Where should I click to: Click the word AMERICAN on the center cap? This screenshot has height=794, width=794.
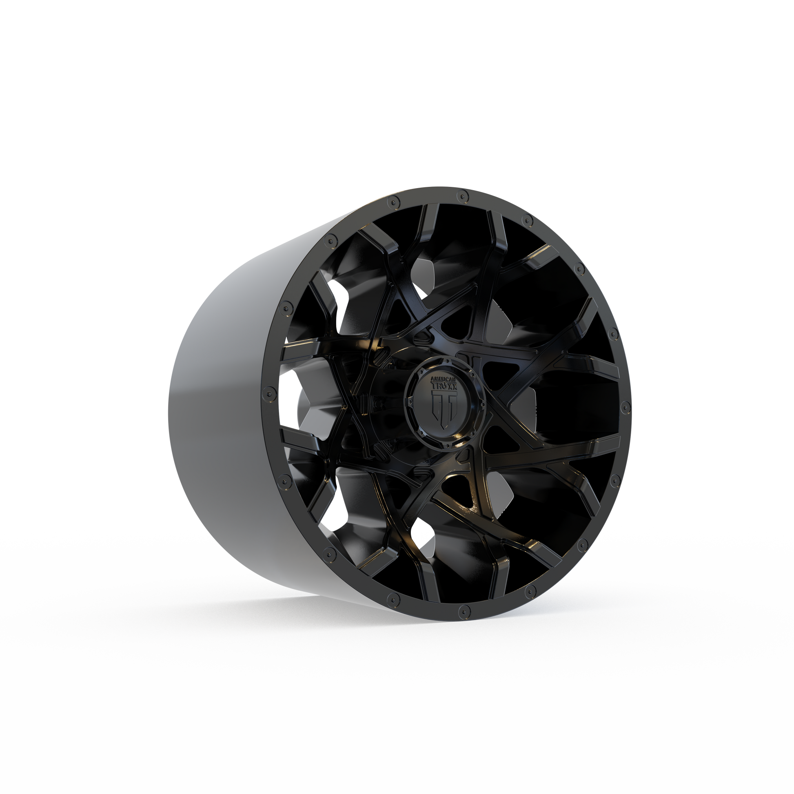[442, 379]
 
